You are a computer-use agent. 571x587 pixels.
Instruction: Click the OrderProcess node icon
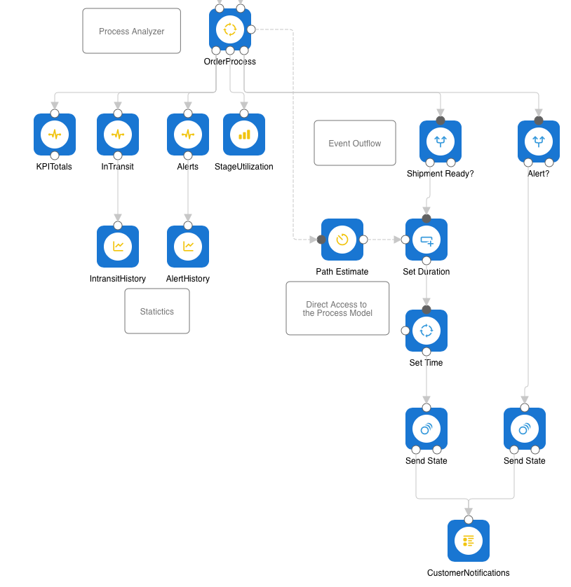click(x=230, y=29)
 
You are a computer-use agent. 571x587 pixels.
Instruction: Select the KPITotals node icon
click(x=55, y=134)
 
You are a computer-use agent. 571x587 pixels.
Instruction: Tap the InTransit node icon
click(x=118, y=134)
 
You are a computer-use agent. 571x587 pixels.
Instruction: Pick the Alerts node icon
click(x=188, y=134)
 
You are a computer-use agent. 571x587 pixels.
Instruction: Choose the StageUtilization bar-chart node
click(x=244, y=134)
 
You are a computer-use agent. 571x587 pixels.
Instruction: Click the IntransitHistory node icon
click(x=118, y=247)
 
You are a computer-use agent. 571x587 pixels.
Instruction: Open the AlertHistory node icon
click(x=188, y=247)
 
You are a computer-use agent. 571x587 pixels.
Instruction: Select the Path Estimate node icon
click(x=342, y=240)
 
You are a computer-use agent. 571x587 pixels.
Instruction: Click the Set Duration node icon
click(x=426, y=240)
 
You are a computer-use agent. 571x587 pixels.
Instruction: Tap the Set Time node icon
click(x=426, y=331)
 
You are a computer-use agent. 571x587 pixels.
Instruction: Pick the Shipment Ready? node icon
click(x=441, y=141)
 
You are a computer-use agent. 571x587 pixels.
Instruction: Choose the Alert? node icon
click(x=539, y=141)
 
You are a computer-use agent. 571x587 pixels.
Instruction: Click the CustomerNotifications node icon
click(x=469, y=541)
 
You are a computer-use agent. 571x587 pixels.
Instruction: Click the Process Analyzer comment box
click(x=132, y=31)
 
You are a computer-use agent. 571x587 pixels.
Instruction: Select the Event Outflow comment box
click(x=355, y=143)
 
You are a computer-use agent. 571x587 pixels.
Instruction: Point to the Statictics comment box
click(x=157, y=311)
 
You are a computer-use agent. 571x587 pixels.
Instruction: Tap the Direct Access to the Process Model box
click(x=337, y=308)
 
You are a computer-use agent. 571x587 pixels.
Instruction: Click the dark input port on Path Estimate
click(x=321, y=240)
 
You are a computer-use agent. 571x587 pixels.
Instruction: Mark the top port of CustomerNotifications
click(x=469, y=520)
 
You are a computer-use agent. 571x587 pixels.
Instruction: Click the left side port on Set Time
click(x=405, y=331)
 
